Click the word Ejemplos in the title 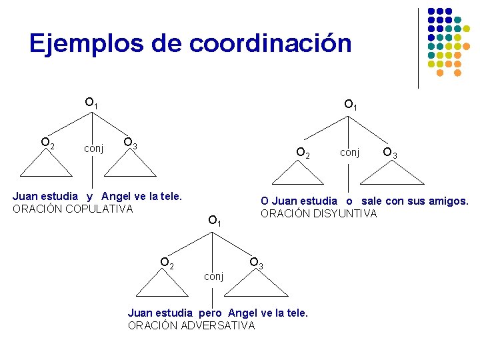click(x=85, y=44)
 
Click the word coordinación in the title click(x=270, y=44)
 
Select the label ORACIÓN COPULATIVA click(x=73, y=209)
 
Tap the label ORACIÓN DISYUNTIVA click(x=319, y=213)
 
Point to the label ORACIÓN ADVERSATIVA click(x=191, y=325)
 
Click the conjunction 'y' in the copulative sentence click(x=89, y=197)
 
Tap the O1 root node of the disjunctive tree click(x=351, y=105)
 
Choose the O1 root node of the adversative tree click(x=214, y=220)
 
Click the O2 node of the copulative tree click(x=47, y=143)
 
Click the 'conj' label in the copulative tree click(x=93, y=148)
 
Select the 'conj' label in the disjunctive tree click(x=349, y=153)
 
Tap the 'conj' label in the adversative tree click(x=213, y=276)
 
